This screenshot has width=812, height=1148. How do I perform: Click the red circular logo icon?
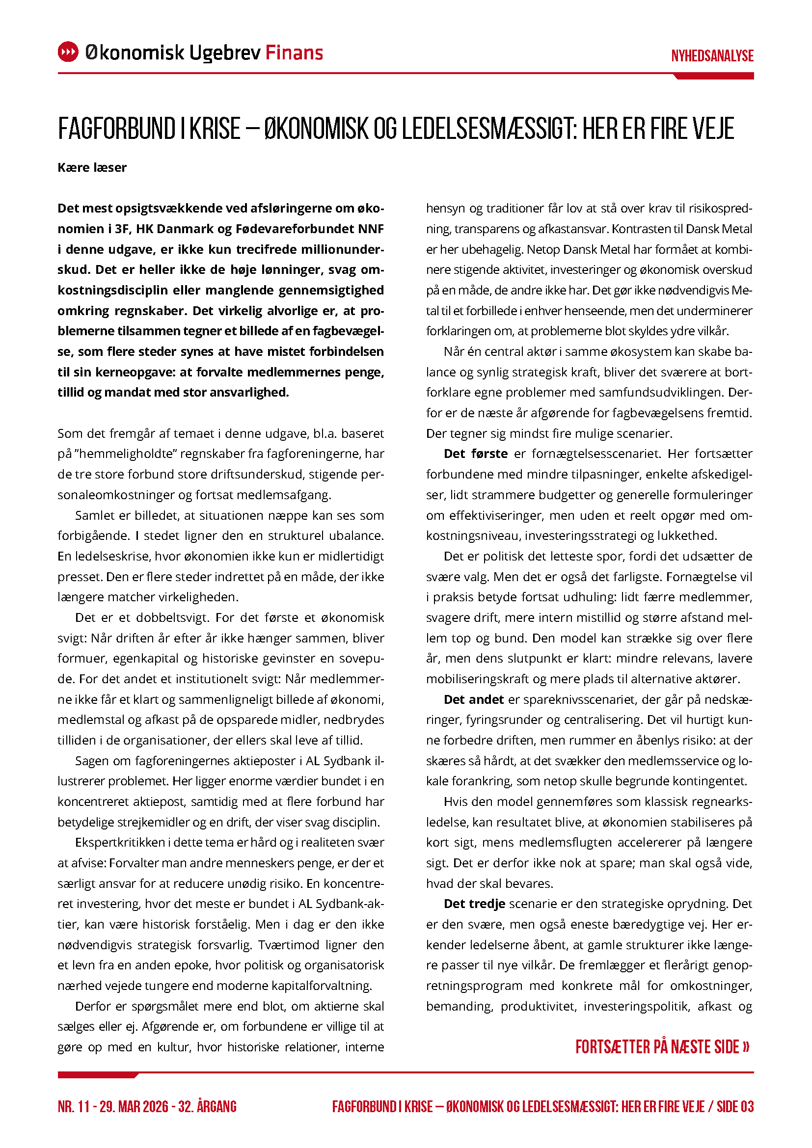tap(68, 52)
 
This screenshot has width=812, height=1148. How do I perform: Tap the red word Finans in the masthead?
tap(294, 53)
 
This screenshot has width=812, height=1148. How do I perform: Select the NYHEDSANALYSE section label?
tap(712, 56)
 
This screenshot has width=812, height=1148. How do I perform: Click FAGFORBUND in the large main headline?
tap(116, 129)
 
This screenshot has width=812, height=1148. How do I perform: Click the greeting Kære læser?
tap(92, 167)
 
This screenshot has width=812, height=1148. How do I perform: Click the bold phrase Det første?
tap(476, 454)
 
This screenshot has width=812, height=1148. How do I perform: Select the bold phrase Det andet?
tap(473, 699)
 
